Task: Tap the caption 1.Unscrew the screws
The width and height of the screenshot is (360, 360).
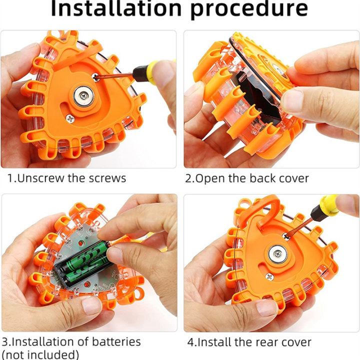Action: (66, 178)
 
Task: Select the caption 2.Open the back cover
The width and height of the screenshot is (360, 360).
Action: (247, 178)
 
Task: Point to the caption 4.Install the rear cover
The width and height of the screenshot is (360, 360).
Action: (249, 342)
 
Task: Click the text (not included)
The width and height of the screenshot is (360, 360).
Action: (40, 354)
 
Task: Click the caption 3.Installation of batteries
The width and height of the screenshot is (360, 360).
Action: (70, 342)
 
